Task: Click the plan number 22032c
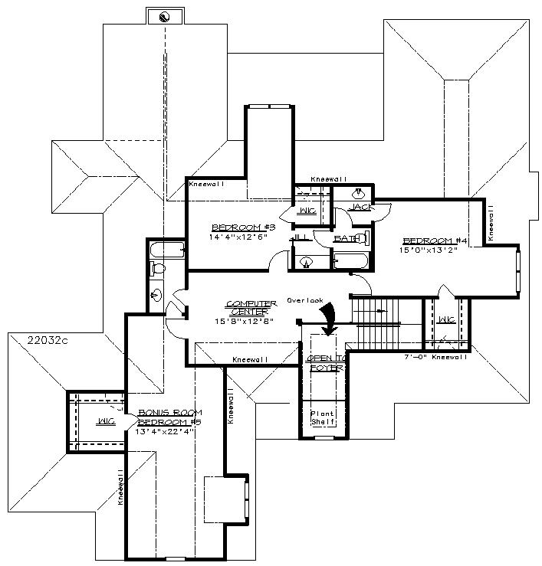[x=47, y=339]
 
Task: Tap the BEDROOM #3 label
[x=233, y=227]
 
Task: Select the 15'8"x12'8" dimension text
[x=246, y=321]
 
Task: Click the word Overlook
[x=306, y=300]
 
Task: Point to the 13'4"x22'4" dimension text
[x=165, y=431]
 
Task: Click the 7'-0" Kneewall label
[x=435, y=357]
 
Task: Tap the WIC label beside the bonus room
[x=106, y=421]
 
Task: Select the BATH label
[x=345, y=239]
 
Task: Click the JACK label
[x=360, y=208]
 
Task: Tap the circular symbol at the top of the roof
[x=163, y=16]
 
